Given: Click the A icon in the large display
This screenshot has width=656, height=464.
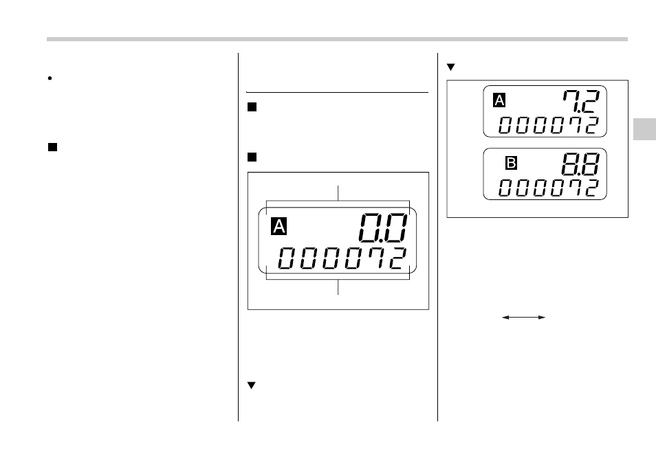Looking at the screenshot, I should [x=278, y=226].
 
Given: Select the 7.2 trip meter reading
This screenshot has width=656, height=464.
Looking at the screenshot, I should [x=580, y=103].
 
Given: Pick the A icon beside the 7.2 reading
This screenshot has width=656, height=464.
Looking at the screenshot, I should [x=500, y=101].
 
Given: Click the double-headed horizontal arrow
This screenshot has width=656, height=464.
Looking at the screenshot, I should [x=523, y=317].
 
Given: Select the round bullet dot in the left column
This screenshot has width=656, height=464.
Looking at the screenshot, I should [x=50, y=78].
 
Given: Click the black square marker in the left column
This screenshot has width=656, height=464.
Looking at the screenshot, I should [x=52, y=146].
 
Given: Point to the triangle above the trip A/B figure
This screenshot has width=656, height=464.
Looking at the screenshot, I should [x=451, y=67].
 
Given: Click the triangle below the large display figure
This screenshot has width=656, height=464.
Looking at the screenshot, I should [x=251, y=386].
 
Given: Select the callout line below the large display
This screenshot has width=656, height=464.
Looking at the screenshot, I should [x=338, y=287].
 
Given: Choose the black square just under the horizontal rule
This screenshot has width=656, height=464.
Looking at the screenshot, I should [x=252, y=107].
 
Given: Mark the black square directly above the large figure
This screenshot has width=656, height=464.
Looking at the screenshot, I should [x=252, y=157].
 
